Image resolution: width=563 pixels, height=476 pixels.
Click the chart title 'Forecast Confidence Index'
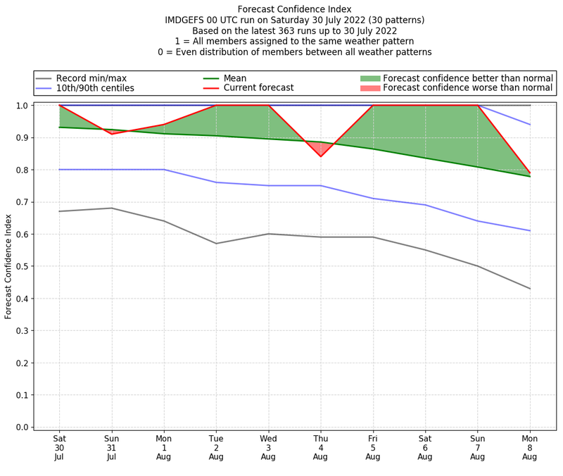tap(294, 9)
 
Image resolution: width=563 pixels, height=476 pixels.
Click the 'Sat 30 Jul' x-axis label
tap(59, 447)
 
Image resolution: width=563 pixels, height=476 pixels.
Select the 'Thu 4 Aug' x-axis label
tap(320, 447)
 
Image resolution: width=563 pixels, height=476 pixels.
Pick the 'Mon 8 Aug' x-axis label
tap(529, 447)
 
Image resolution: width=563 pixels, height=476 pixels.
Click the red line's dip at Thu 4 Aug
tap(320, 156)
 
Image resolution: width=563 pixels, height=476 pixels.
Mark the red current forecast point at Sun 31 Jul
tap(111, 134)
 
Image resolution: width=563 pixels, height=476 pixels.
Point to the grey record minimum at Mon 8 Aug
tap(529, 289)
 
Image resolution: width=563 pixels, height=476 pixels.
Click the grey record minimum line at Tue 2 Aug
tap(216, 244)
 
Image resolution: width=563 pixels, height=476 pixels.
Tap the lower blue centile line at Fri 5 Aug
tap(372, 199)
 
